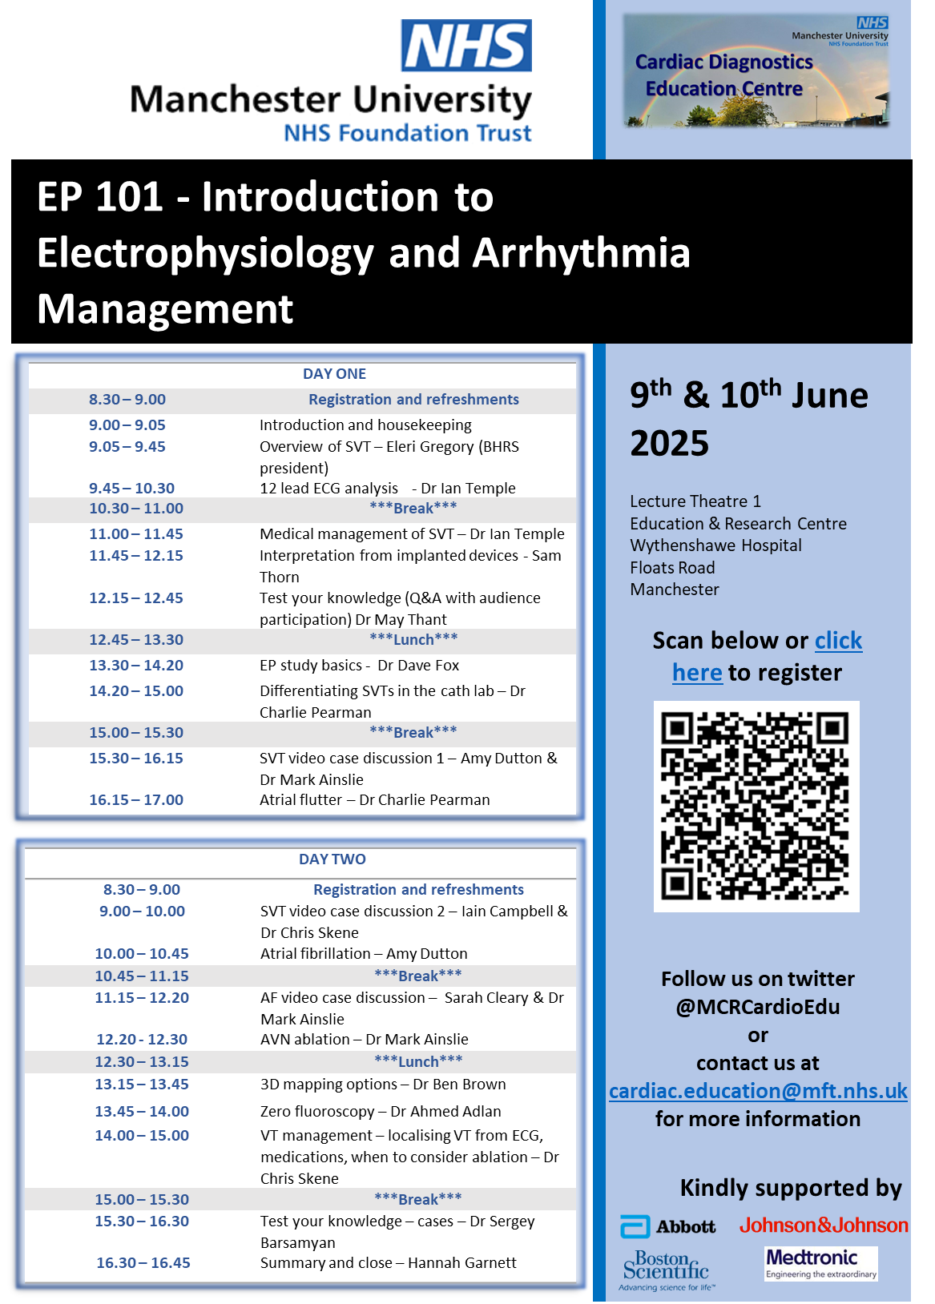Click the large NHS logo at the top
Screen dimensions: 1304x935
click(466, 46)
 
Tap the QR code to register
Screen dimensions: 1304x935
click(756, 806)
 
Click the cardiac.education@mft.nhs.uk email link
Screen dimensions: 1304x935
click(758, 1091)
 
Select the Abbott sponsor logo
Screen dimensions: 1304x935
click(668, 1226)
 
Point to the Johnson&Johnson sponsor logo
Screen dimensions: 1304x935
click(824, 1226)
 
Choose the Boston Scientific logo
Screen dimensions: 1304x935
click(666, 1270)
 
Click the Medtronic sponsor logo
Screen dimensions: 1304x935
click(820, 1263)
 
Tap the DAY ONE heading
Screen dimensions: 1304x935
click(334, 374)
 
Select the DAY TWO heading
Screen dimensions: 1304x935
click(332, 859)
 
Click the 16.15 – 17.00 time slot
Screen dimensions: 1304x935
click(136, 800)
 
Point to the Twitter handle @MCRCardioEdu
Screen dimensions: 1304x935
click(758, 1007)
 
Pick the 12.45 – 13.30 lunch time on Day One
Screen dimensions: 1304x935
click(136, 640)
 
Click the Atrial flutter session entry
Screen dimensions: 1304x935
click(374, 800)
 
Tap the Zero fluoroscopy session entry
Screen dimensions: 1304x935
click(381, 1112)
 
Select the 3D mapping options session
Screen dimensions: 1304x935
click(383, 1085)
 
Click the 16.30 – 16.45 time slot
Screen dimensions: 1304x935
click(143, 1263)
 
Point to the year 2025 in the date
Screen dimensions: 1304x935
click(670, 444)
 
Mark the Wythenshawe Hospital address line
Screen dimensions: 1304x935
click(715, 545)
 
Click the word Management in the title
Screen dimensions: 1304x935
click(165, 309)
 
